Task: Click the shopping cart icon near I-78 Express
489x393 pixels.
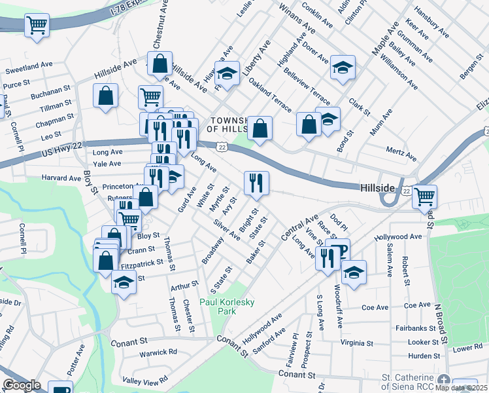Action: pos(37,26)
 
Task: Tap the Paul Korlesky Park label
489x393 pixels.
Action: pos(227,307)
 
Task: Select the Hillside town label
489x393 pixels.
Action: pos(378,188)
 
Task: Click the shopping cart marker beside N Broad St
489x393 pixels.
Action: pos(425,196)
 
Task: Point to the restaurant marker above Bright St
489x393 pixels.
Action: pos(256,183)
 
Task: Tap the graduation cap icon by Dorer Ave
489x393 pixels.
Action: pos(342,67)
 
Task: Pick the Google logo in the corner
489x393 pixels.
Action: pos(22,385)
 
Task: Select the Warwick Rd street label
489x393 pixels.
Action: pos(158,352)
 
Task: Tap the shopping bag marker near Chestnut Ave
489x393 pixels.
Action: pos(160,64)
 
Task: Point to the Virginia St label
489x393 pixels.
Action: pos(356,343)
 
